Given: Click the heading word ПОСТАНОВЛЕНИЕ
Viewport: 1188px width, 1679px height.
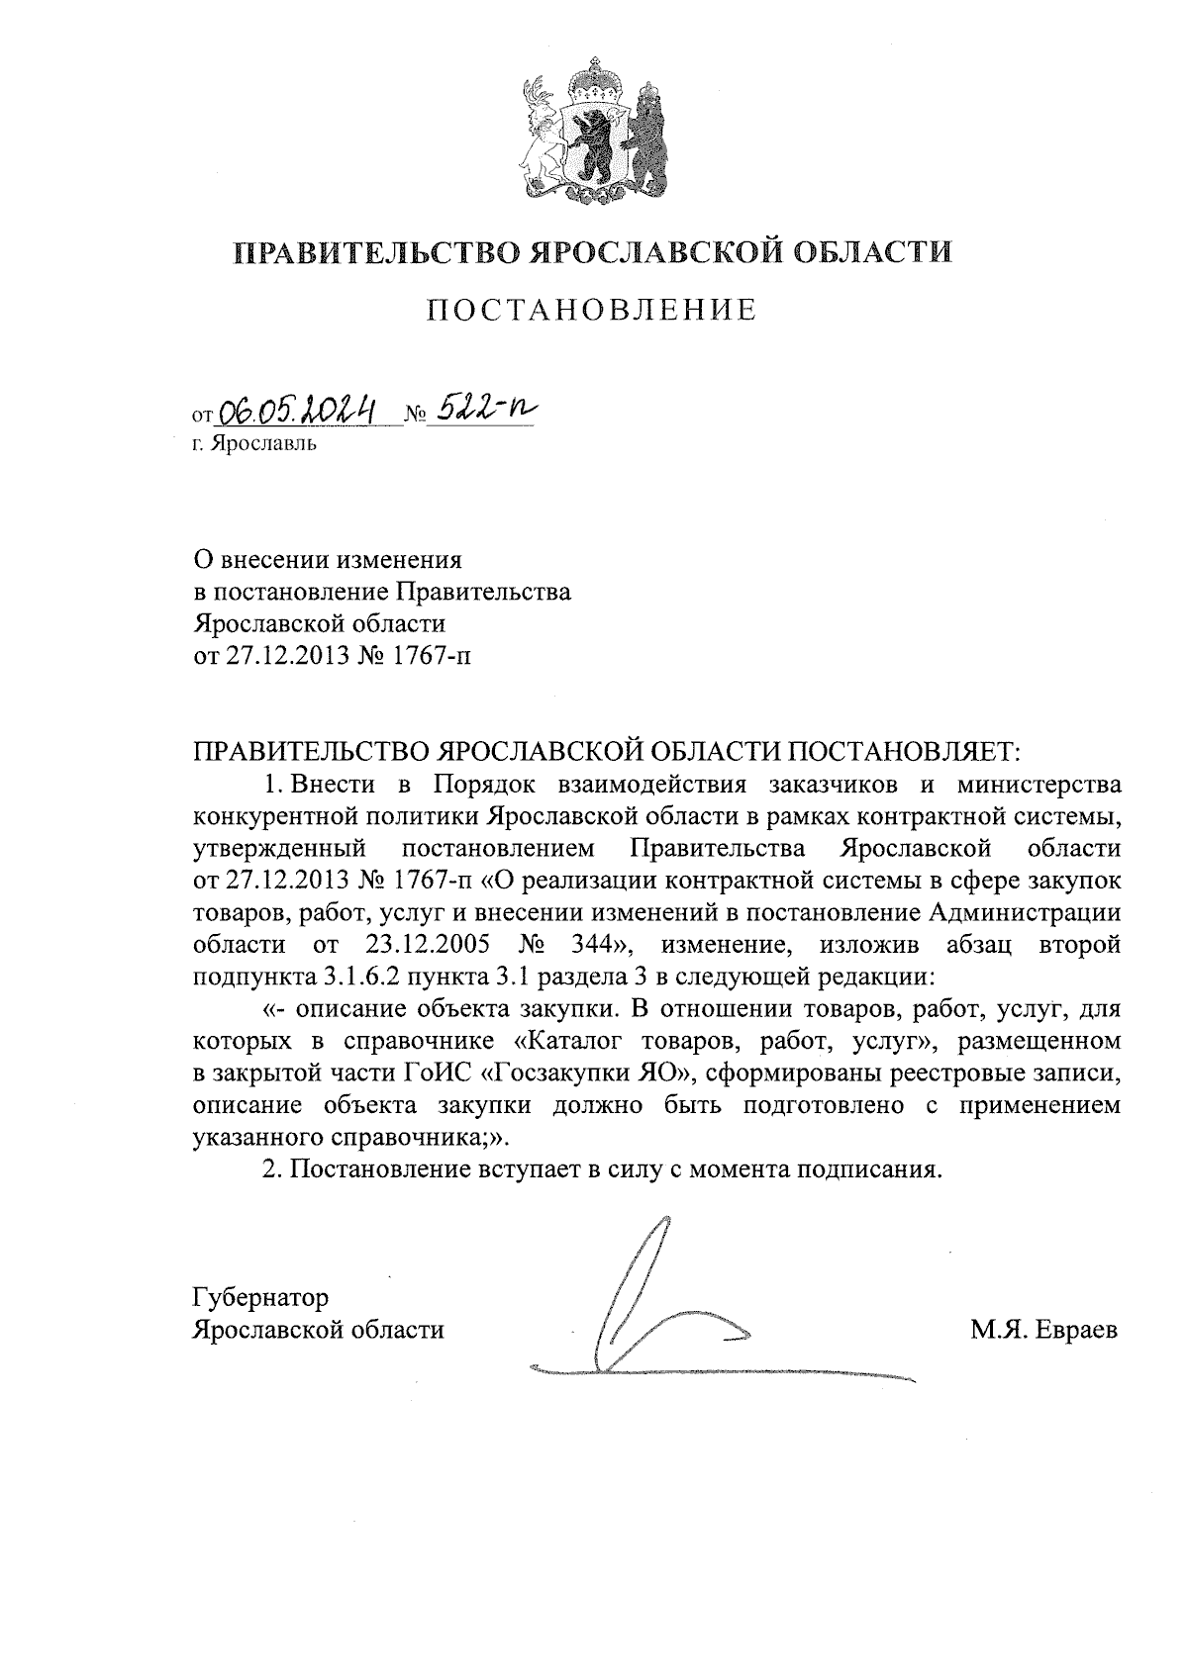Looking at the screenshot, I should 592,311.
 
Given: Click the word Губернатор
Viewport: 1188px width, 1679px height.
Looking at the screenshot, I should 260,1297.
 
